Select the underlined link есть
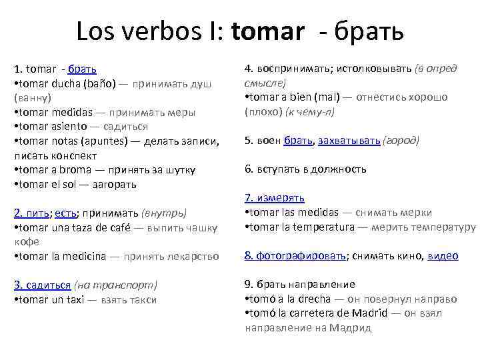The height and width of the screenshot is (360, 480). coord(65,213)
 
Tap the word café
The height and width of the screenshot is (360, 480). coord(123,228)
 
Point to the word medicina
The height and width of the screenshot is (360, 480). coord(83,257)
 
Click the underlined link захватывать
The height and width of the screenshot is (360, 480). coord(349,141)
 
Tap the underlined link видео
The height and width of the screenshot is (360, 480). coord(443,255)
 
